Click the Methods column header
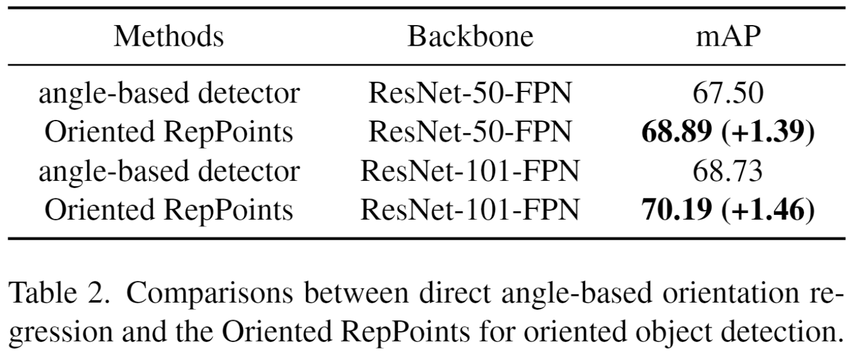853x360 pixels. pyautogui.click(x=168, y=37)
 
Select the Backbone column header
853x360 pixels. pyautogui.click(x=470, y=37)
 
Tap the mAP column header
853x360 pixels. pyautogui.click(x=728, y=37)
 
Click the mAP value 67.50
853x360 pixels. pyautogui.click(x=728, y=93)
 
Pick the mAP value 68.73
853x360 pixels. pyautogui.click(x=728, y=171)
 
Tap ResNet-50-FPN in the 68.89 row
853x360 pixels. pyautogui.click(x=470, y=132)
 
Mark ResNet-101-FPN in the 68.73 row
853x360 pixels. pyautogui.click(x=470, y=172)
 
